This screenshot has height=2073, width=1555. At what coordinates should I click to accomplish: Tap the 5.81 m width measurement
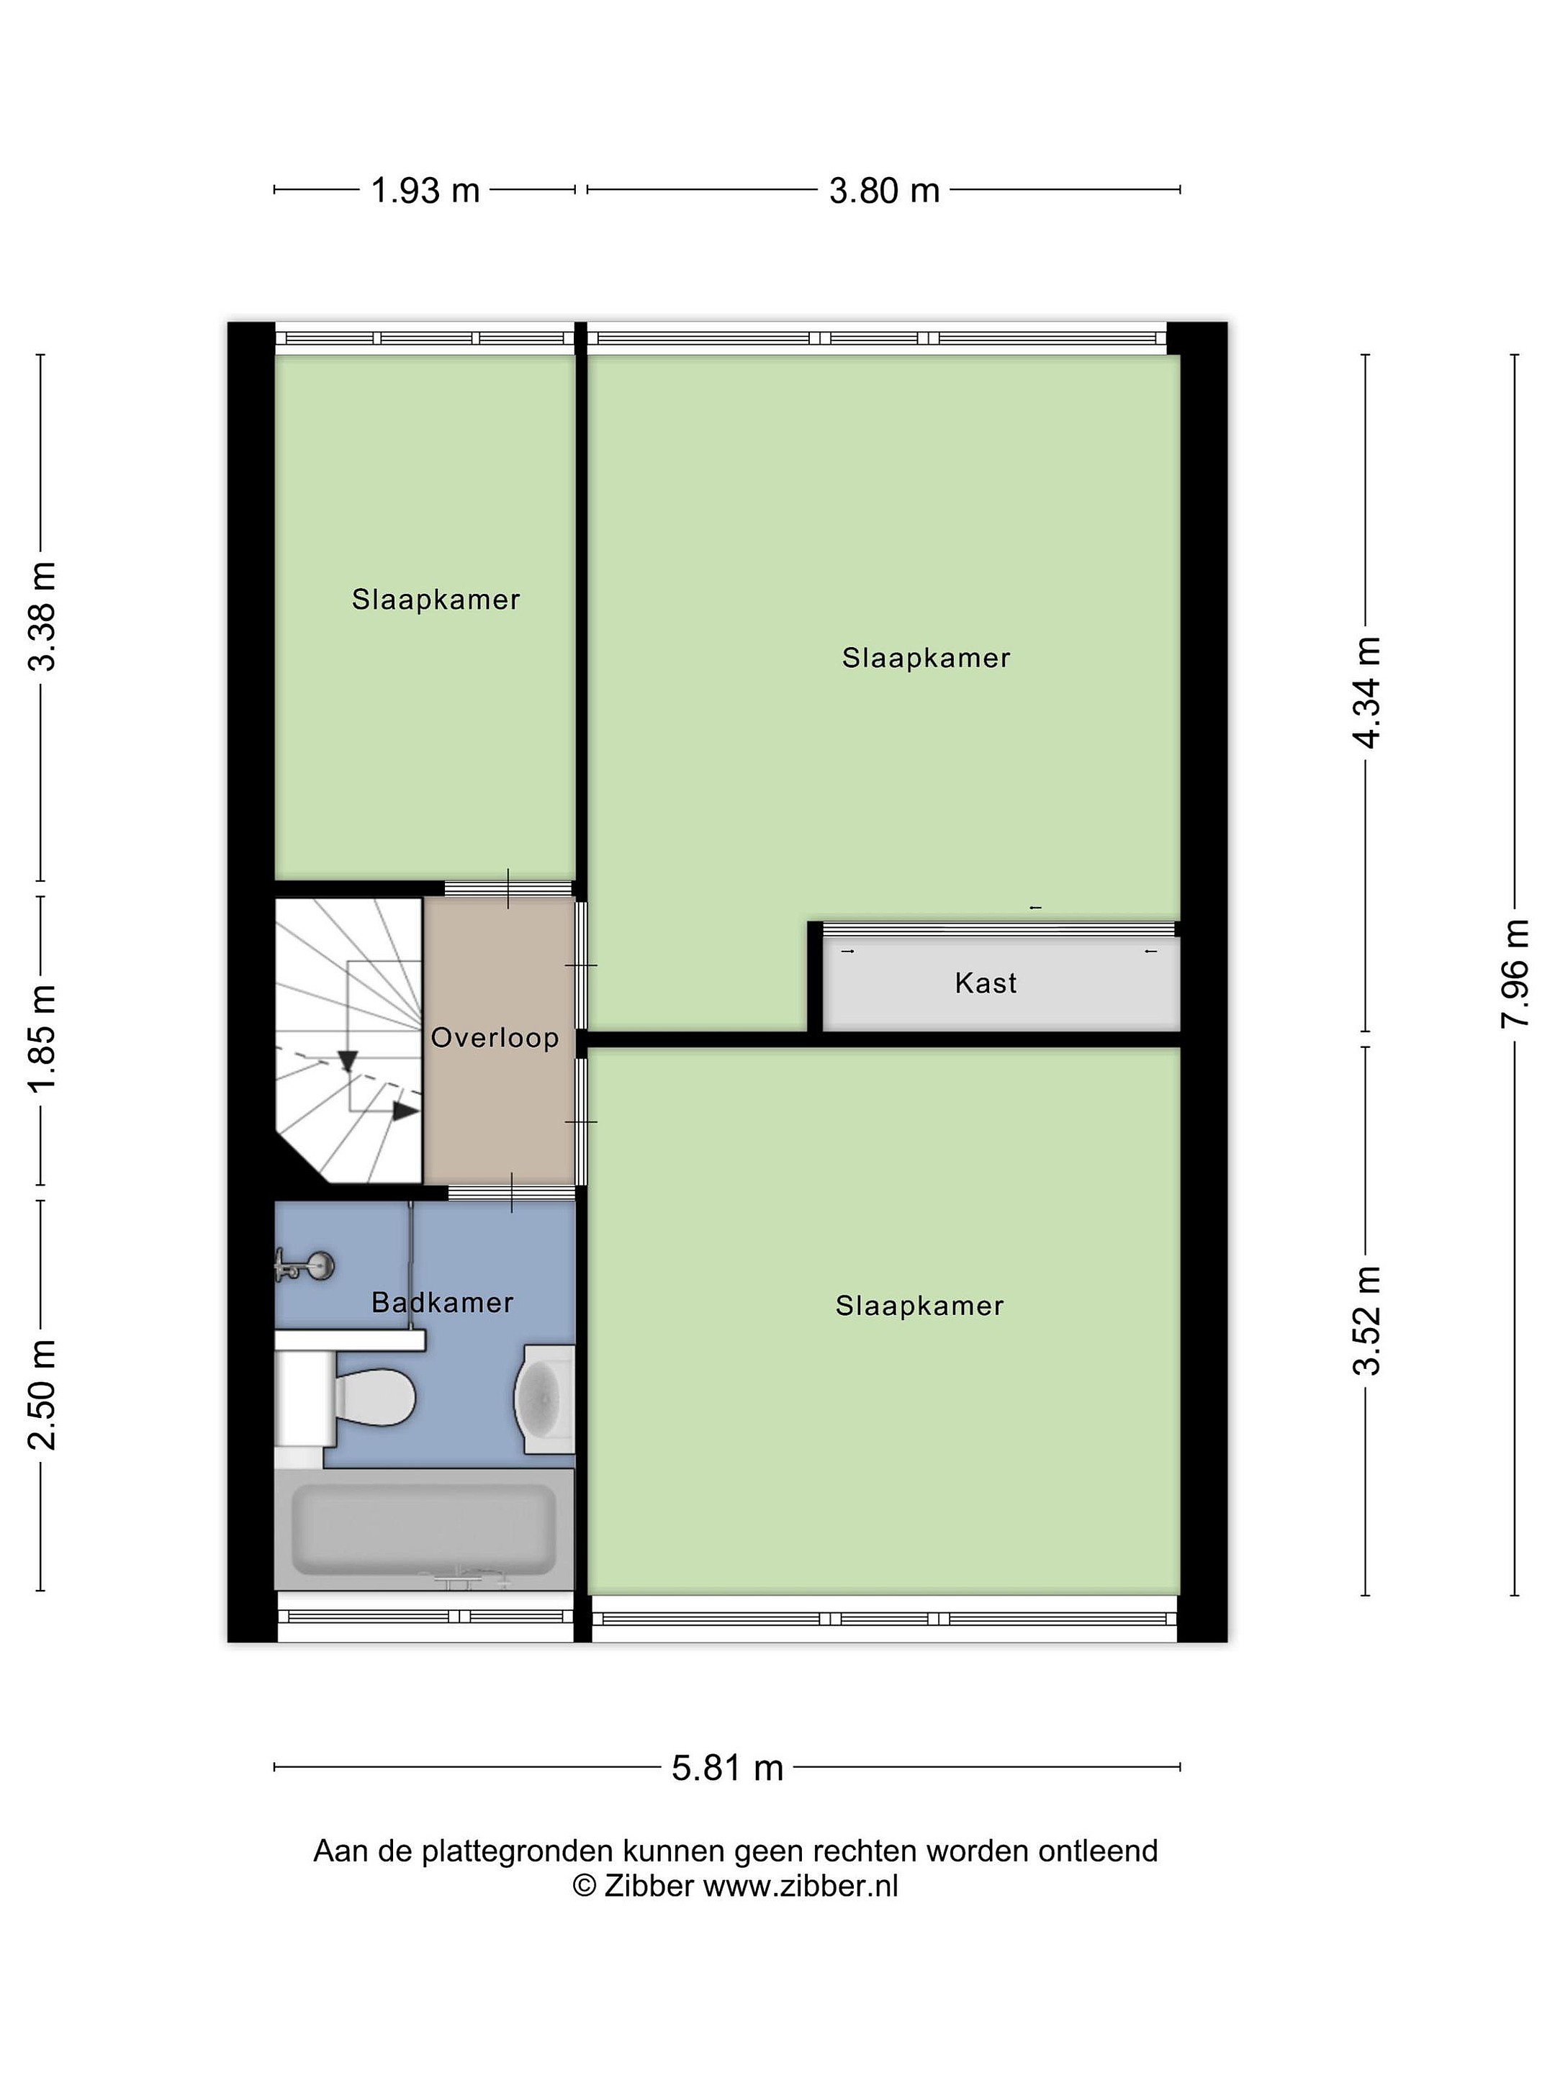coord(727,1768)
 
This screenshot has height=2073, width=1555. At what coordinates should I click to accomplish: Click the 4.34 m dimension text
coord(1368,692)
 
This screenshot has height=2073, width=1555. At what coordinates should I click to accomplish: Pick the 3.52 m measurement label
coord(1368,1321)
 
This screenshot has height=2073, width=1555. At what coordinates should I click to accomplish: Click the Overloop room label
coord(495,1037)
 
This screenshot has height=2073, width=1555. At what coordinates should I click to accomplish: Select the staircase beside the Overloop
coord(348,1040)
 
